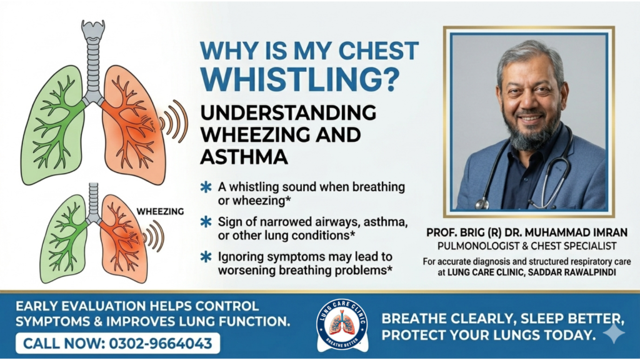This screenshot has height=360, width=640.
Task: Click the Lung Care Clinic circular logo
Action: [x=342, y=325]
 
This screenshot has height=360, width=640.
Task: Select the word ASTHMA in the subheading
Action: [x=244, y=157]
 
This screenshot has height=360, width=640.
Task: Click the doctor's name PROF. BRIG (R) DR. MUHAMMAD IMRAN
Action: [x=527, y=232]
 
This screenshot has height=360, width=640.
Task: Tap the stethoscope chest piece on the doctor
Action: [x=482, y=203]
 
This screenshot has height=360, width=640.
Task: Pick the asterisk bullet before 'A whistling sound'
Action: [x=205, y=187]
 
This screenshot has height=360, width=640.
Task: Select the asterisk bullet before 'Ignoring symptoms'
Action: [x=205, y=256]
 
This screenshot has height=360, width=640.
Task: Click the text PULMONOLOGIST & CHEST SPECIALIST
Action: [x=527, y=246]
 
